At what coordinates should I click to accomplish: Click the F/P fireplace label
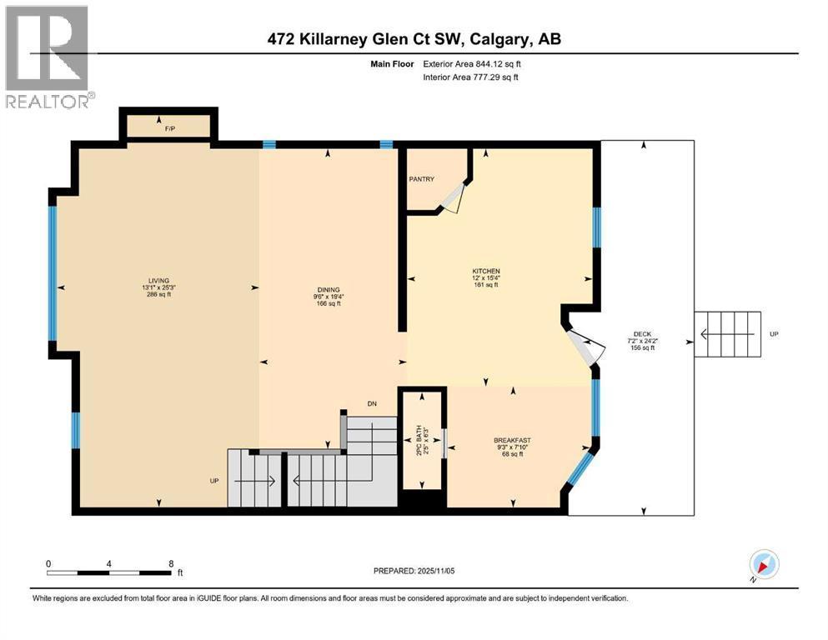[x=169, y=128]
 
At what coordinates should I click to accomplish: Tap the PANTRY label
[x=421, y=179]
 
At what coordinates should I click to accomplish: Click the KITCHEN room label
[x=486, y=271]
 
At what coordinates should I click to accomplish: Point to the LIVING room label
[x=158, y=281]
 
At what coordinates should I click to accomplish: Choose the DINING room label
[x=328, y=290]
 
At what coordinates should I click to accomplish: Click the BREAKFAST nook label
[x=512, y=440]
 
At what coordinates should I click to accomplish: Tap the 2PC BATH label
[x=419, y=441]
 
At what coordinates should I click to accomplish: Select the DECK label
[x=642, y=334]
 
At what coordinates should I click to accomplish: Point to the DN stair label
[x=372, y=403]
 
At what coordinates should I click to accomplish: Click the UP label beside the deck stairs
[x=774, y=334]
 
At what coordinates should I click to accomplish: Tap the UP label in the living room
[x=213, y=481]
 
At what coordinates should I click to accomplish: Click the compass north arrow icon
[x=764, y=564]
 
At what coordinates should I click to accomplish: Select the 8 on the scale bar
[x=171, y=563]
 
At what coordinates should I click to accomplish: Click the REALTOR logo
[x=48, y=57]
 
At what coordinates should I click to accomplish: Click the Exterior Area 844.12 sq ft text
[x=472, y=64]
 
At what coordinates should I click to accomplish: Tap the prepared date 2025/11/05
[x=435, y=571]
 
